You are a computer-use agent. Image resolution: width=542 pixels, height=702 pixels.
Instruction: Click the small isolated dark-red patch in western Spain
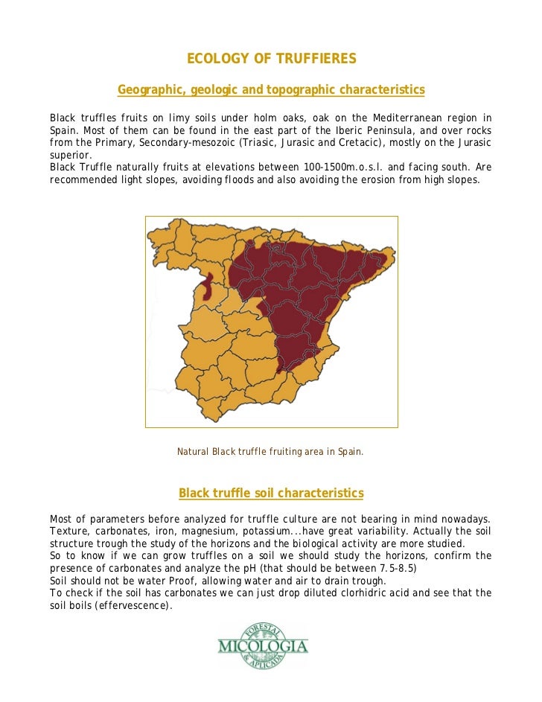pos(208,287)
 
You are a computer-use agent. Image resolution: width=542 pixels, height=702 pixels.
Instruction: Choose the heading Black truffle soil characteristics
pos(271,494)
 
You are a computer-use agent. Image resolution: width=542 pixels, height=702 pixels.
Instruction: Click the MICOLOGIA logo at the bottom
pos(262,645)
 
